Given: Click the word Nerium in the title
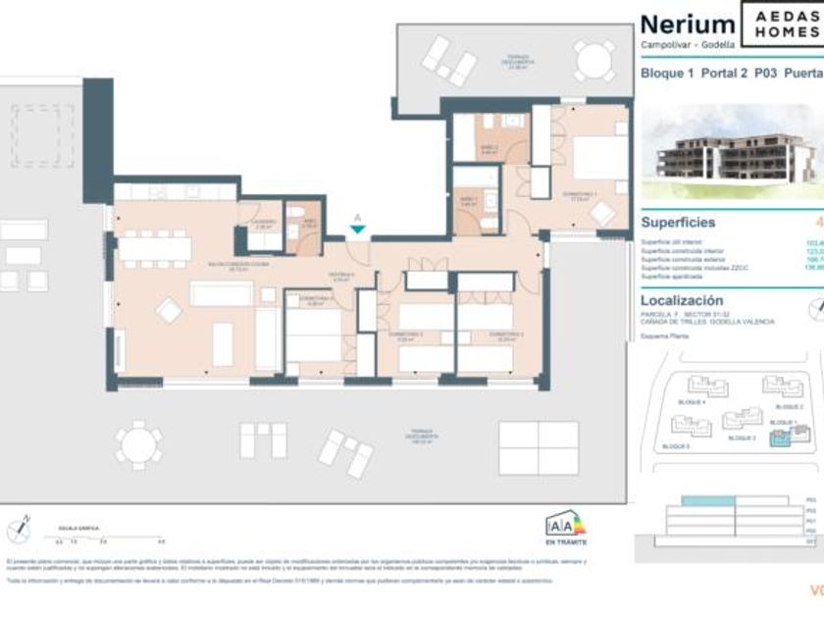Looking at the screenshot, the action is click(687, 24).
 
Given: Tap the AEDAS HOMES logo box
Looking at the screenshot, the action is click(782, 25).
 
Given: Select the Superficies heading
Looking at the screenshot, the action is click(678, 223).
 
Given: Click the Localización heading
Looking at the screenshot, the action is click(682, 300).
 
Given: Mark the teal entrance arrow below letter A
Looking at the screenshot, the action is click(358, 230).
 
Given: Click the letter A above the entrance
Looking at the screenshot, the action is click(358, 218).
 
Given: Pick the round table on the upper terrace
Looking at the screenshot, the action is click(594, 61).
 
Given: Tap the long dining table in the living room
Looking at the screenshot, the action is click(155, 248).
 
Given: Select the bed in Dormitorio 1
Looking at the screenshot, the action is click(598, 157).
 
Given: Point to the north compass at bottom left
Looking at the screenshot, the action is click(19, 530).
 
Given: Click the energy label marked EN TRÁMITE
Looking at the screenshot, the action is click(566, 531).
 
